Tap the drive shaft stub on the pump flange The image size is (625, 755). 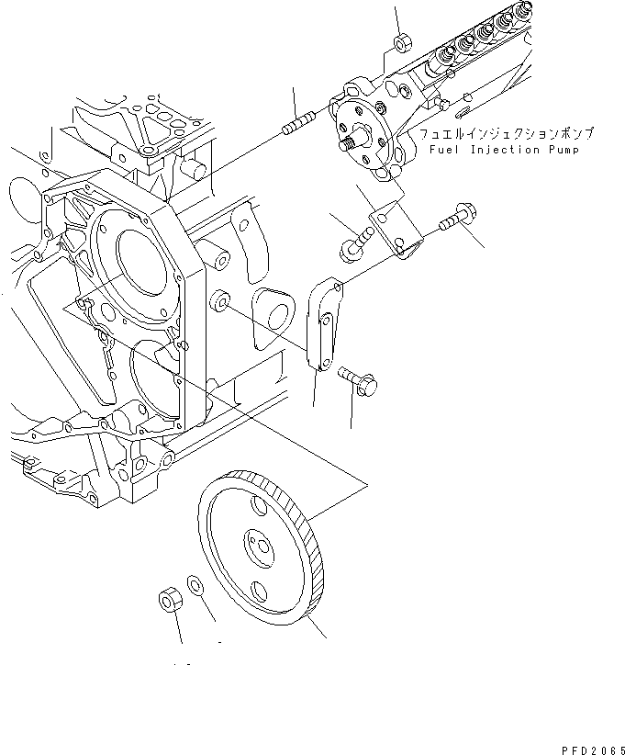(349, 142)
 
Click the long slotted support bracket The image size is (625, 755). (322, 325)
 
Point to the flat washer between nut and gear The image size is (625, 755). (195, 584)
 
